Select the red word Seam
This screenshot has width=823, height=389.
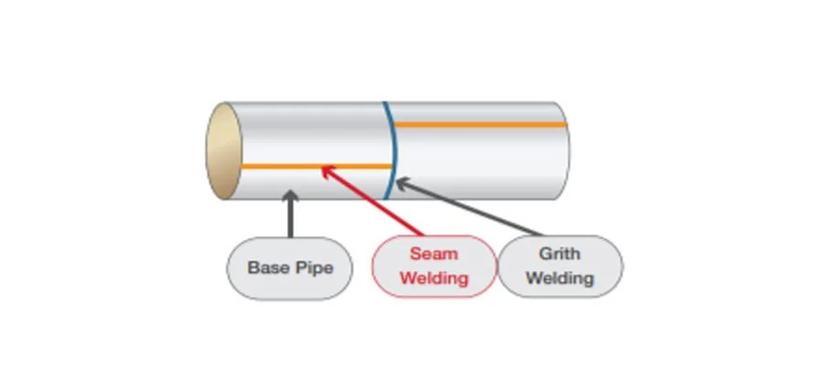pos(433,254)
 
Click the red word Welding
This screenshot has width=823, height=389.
pos(433,277)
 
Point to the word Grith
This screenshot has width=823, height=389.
pos(560,254)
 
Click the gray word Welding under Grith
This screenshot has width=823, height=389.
pos(560,277)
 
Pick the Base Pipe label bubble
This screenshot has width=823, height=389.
pos(290,268)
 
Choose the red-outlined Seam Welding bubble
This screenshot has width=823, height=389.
pos(434,266)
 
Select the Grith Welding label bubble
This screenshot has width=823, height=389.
pos(560,266)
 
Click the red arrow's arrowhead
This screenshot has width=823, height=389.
pos(326,170)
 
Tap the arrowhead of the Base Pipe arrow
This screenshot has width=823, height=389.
pos(290,196)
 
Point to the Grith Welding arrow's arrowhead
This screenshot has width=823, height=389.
pos(402,183)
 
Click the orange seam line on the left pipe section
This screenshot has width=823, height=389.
pos(316,166)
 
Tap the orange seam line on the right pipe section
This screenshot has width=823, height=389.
pos(480,124)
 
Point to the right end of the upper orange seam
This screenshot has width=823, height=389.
pos(566,124)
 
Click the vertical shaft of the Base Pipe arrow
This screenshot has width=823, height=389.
pos(290,218)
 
